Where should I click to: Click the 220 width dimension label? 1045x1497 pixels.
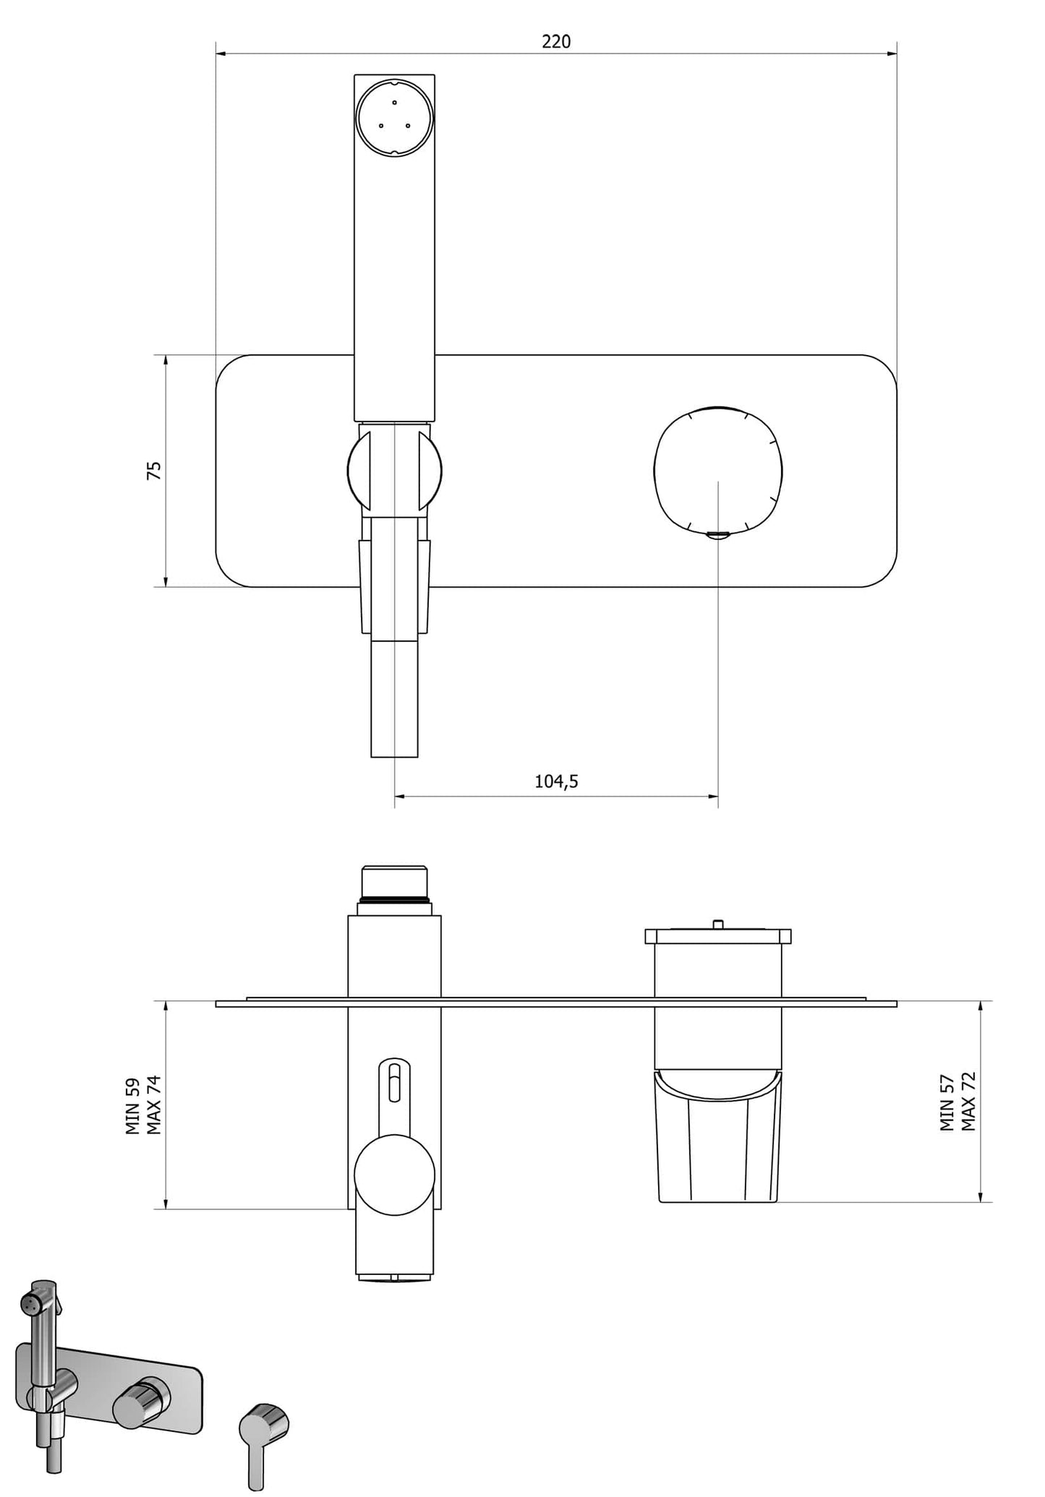pos(556,42)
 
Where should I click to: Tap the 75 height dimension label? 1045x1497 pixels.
pos(154,471)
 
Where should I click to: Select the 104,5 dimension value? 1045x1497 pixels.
pos(556,781)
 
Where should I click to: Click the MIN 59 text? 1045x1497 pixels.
pos(133,1107)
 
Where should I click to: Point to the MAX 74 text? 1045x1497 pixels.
pos(154,1105)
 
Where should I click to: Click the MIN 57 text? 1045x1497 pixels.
pos(947,1102)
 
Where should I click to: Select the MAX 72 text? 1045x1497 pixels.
pos(969,1102)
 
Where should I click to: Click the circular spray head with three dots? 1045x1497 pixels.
pos(394,118)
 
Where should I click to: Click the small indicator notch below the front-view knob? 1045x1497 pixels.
pos(717,535)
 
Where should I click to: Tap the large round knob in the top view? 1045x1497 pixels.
pos(395,1174)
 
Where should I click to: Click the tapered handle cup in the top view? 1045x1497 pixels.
pos(718,1142)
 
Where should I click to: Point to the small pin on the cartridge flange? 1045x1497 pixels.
pos(717,923)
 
